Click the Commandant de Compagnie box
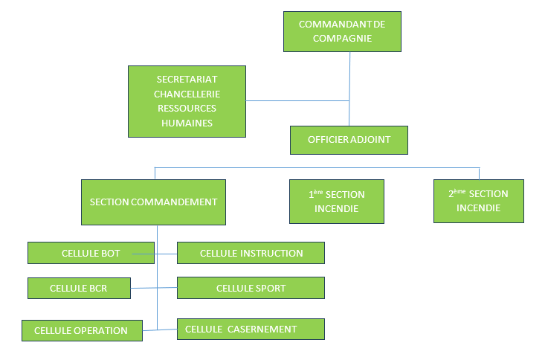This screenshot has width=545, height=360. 342,31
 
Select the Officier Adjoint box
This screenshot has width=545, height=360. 349,139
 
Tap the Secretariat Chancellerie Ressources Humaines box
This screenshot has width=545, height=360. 187,101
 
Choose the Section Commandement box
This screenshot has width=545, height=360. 153,202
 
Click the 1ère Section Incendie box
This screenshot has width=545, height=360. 337,202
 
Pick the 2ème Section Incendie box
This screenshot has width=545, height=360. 478,201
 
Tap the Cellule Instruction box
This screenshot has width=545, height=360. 251,253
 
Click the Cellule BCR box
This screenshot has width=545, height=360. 79,288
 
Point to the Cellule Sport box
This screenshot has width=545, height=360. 251,288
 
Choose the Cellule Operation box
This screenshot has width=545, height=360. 81,330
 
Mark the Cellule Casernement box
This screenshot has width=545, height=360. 251,329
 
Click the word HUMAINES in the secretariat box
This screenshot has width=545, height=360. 187,123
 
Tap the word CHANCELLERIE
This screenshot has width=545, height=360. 187,94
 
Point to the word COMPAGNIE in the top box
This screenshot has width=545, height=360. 342,39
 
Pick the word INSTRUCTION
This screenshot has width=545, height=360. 271,253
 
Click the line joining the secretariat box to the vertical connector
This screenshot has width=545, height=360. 297,100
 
